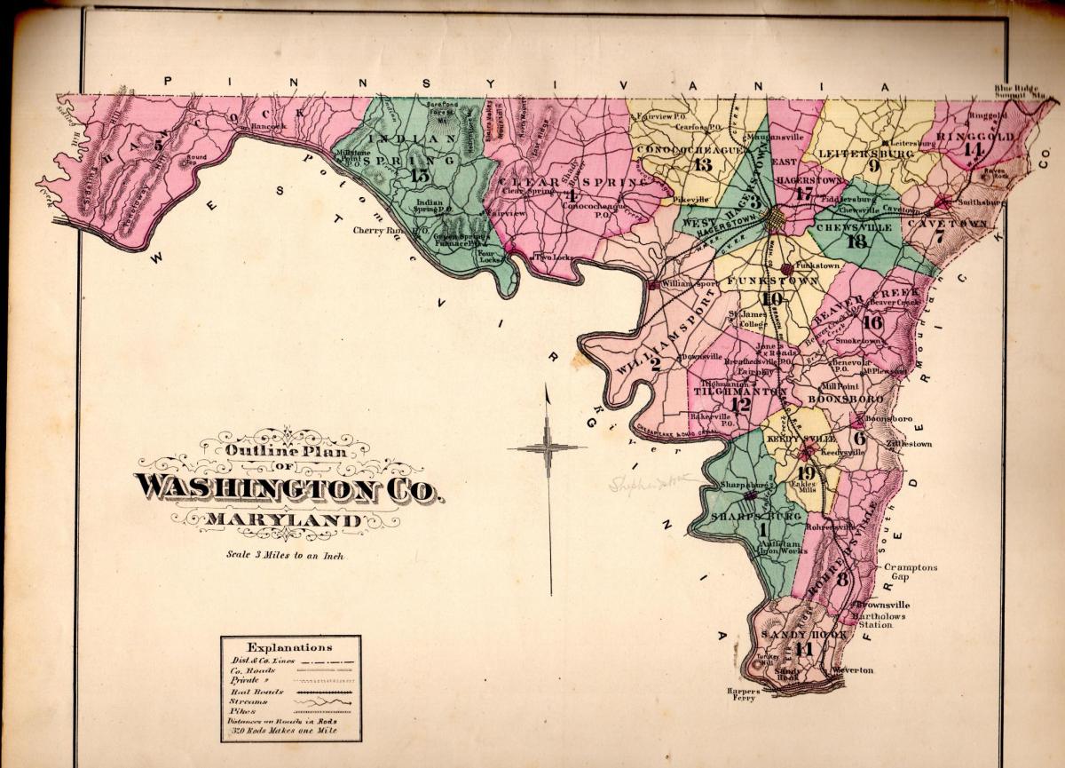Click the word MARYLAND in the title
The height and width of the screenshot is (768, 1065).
click(285, 519)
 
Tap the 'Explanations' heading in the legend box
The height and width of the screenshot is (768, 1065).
click(289, 647)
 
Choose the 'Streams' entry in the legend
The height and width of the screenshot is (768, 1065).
click(248, 701)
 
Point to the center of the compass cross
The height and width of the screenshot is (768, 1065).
click(548, 447)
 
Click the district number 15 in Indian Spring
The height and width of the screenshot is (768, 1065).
click(419, 175)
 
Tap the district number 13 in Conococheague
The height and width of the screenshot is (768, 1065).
click(703, 163)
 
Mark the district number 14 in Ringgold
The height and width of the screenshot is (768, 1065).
click(972, 150)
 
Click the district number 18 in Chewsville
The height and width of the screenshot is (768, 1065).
click(856, 241)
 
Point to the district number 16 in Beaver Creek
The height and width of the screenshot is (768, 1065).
click(872, 322)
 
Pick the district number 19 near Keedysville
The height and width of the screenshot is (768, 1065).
click(806, 472)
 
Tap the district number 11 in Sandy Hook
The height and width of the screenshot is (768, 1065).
click(803, 649)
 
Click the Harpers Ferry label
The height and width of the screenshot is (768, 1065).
click(741, 694)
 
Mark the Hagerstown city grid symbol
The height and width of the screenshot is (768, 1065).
click(777, 218)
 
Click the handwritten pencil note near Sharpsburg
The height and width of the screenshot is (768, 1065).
click(649, 483)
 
